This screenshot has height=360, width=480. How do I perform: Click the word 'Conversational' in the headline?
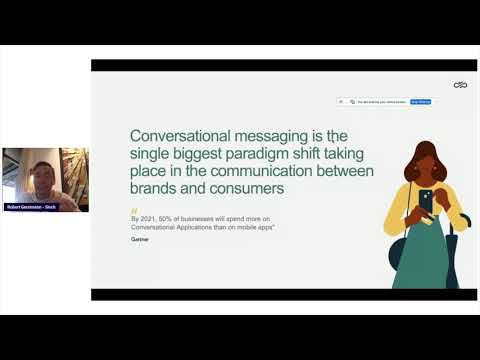tap(181, 136)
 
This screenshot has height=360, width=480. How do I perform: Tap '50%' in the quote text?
tap(167, 219)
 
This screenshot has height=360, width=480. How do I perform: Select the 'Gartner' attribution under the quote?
tap(141, 240)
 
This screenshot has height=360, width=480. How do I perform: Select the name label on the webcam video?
tap(31, 207)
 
